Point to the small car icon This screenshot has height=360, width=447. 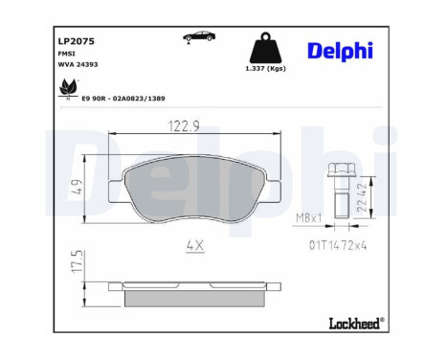(199, 37)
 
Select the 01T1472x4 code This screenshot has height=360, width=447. (339, 247)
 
